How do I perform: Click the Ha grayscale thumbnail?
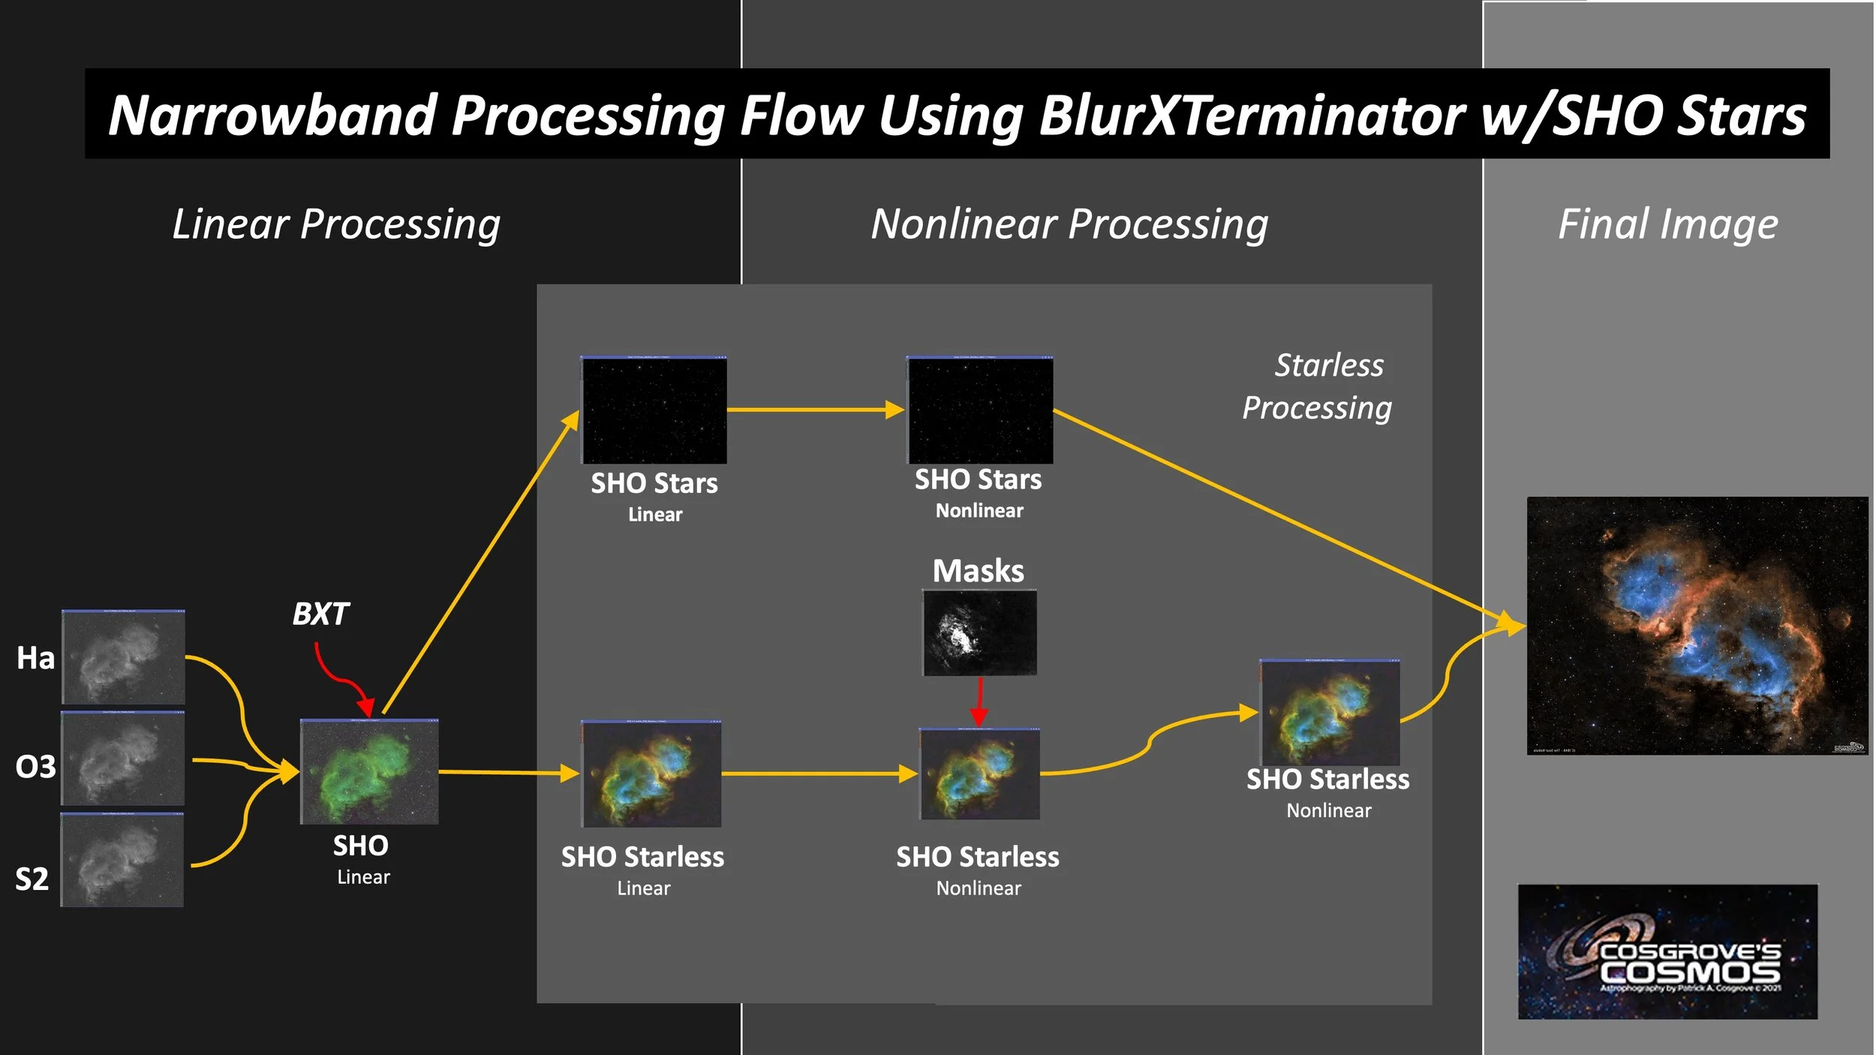click(123, 657)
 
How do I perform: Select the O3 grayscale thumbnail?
click(122, 759)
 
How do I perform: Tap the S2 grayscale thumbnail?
click(122, 860)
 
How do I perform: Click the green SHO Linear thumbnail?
click(369, 772)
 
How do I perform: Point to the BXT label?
click(320, 615)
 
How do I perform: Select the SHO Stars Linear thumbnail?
click(654, 410)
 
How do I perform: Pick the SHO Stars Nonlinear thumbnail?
click(979, 410)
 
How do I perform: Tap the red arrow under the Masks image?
click(979, 702)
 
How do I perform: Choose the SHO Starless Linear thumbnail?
click(651, 774)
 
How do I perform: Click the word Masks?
click(978, 571)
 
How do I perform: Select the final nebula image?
click(1697, 626)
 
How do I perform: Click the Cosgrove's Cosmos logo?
click(1667, 951)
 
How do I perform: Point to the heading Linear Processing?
click(336, 224)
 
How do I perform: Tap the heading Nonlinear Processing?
click(1069, 224)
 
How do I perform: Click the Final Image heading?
click(1667, 224)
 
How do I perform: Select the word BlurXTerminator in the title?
click(1252, 116)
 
